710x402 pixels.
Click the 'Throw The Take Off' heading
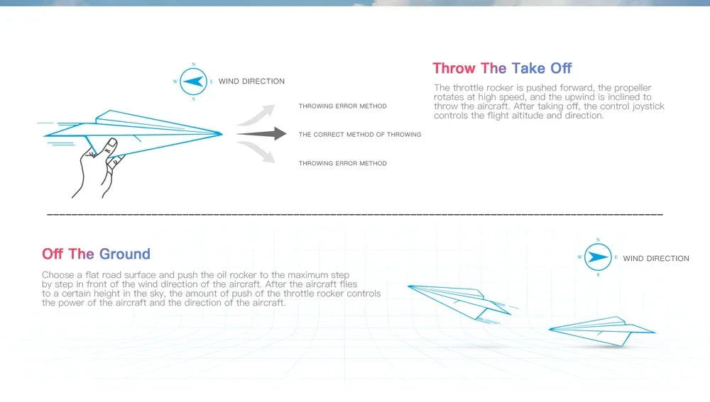(x=502, y=68)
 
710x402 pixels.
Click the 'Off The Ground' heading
(x=96, y=254)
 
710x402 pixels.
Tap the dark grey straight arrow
(x=261, y=134)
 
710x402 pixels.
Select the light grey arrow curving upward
(x=256, y=115)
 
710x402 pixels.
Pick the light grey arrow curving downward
(x=256, y=152)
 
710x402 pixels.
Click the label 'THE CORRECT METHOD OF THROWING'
(x=360, y=134)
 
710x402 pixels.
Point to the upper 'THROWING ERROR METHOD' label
(x=343, y=106)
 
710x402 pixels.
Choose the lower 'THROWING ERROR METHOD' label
(x=343, y=163)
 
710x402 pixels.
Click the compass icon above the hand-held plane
(x=193, y=82)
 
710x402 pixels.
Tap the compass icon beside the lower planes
(x=598, y=257)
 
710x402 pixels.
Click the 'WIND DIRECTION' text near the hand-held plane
(x=252, y=82)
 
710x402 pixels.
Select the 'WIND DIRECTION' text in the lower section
(x=656, y=259)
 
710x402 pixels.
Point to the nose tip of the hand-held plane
(x=222, y=133)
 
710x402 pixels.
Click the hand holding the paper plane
(x=98, y=168)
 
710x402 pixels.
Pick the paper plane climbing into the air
(x=462, y=302)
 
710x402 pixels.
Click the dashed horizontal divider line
(x=355, y=214)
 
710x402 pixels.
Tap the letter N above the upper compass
(x=193, y=65)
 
